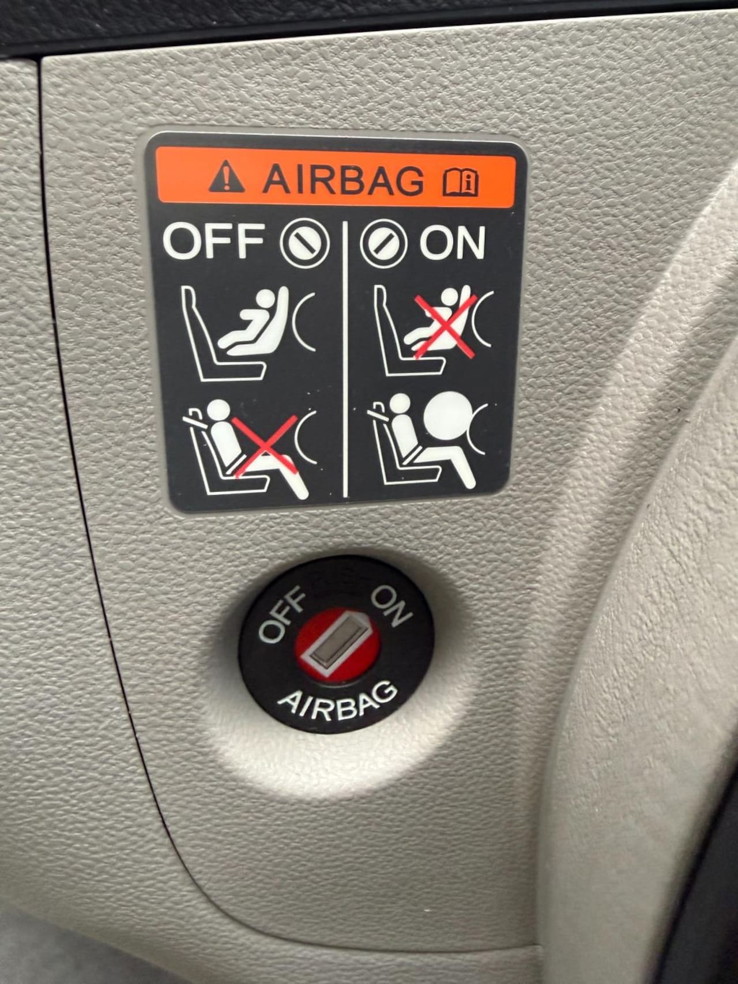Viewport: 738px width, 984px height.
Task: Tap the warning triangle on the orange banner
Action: tap(227, 178)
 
